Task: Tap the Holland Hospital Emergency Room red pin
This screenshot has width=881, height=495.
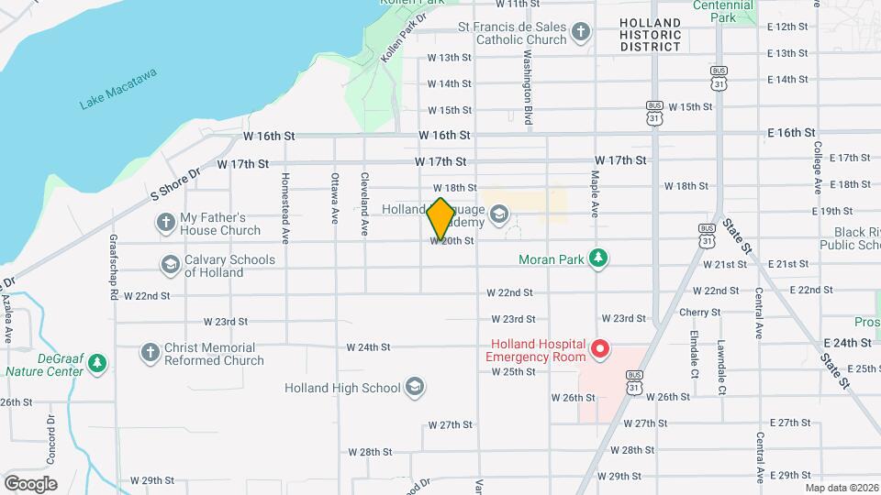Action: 600,349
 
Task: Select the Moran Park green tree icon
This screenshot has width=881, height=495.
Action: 598,259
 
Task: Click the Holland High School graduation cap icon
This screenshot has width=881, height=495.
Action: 415,387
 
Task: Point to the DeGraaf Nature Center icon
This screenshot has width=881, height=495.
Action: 97,365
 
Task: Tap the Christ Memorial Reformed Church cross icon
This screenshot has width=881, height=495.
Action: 150,353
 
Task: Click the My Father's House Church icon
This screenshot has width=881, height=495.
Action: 165,223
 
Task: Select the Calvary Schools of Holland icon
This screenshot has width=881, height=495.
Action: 170,265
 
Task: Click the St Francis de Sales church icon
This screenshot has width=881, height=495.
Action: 580,34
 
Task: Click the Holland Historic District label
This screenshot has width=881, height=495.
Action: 650,35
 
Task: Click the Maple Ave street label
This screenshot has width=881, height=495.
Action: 595,193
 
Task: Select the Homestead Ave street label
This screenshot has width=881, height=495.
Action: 285,208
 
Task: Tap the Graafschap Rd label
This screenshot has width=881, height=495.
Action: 113,266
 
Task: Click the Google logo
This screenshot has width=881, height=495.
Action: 30,483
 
